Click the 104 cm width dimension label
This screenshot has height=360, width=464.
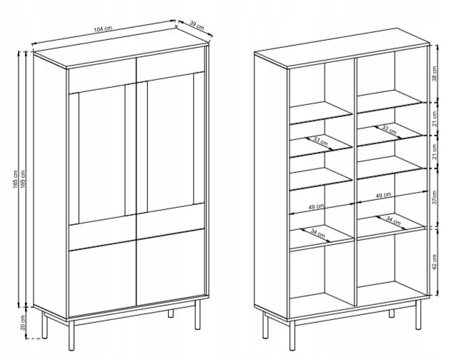pyautogui.click(x=103, y=29)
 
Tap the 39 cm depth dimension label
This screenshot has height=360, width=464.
pyautogui.click(x=197, y=26)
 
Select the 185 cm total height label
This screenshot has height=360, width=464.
pyautogui.click(x=16, y=180)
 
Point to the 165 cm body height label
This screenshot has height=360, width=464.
pyautogui.click(x=24, y=180)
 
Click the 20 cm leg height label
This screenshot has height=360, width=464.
pyautogui.click(x=23, y=322)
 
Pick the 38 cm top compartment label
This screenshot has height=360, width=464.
pyautogui.click(x=434, y=74)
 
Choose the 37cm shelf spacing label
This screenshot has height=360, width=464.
pyautogui.click(x=434, y=197)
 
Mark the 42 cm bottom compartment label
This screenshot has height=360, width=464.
pyautogui.click(x=434, y=262)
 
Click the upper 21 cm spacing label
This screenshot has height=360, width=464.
pyautogui.click(x=434, y=119)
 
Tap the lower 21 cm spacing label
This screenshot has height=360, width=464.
pyautogui.click(x=434, y=151)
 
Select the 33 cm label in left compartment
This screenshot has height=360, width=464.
pyautogui.click(x=320, y=141)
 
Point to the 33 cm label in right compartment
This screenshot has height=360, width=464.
pyautogui.click(x=389, y=129)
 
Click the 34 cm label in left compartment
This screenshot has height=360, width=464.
pyautogui.click(x=318, y=234)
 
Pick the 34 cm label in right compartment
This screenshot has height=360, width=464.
pyautogui.click(x=393, y=221)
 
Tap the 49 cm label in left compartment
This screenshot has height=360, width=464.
pyautogui.click(x=316, y=206)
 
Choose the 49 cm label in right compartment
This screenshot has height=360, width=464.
pyautogui.click(x=383, y=195)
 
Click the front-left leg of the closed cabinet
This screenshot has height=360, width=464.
pyautogui.click(x=71, y=336)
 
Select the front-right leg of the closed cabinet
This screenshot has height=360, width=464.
pyautogui.click(x=197, y=314)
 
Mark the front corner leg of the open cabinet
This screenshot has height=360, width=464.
pyautogui.click(x=292, y=336)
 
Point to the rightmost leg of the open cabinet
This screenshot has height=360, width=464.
pyautogui.click(x=418, y=314)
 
